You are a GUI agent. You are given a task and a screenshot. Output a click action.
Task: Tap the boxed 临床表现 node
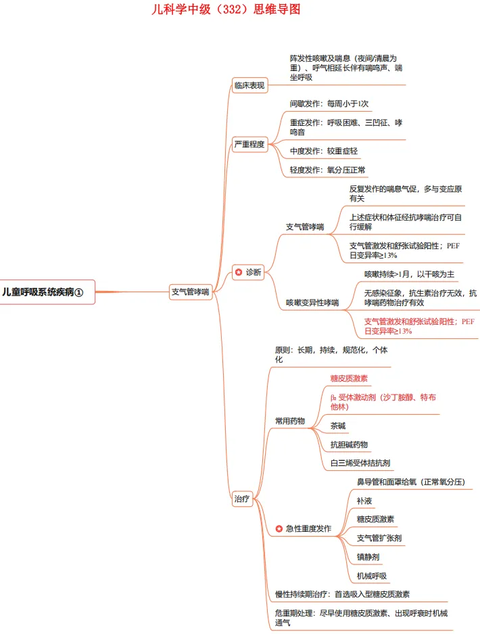click(249, 85)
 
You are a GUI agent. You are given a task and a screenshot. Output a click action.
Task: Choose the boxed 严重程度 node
click(249, 144)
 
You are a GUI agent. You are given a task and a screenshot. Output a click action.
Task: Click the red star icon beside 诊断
click(238, 272)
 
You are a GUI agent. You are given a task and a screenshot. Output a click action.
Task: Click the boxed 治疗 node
click(241, 499)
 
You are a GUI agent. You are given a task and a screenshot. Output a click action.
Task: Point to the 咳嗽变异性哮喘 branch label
click(312, 303)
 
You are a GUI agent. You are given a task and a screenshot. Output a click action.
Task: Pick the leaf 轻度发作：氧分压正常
click(328, 170)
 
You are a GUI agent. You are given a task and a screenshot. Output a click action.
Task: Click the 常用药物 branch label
click(289, 421)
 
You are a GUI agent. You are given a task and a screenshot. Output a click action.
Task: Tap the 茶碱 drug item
click(338, 426)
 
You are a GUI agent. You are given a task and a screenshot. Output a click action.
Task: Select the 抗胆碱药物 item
click(349, 445)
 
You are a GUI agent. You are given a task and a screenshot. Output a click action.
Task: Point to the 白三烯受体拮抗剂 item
click(360, 463)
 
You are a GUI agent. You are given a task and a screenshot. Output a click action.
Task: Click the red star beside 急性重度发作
click(279, 528)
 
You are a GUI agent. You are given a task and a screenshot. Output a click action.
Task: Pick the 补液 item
click(364, 501)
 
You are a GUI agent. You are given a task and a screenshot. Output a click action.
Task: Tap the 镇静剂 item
click(368, 557)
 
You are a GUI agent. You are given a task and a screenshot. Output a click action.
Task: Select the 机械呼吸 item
click(372, 576)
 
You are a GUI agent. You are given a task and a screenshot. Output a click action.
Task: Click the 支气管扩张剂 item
click(379, 538)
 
